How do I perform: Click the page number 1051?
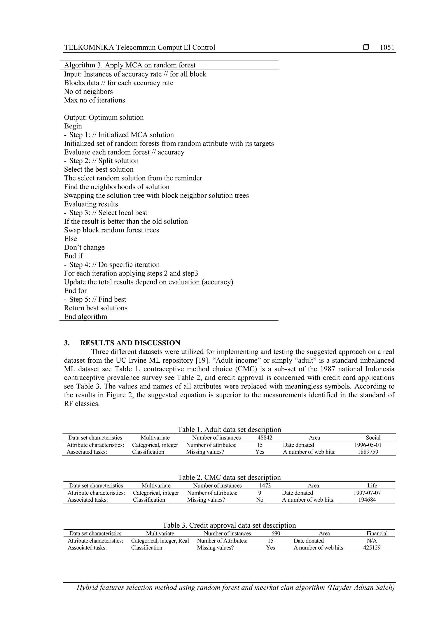click(387, 47)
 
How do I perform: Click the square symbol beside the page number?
click(366, 47)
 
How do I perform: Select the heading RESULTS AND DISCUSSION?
click(130, 343)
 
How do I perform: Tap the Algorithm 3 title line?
click(130, 65)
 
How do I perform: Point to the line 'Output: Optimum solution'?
click(104, 117)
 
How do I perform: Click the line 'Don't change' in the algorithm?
click(84, 248)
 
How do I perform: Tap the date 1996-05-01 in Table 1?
click(368, 445)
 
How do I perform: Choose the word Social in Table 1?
click(373, 438)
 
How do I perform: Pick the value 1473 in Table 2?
click(265, 486)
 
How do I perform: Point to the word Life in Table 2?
click(372, 486)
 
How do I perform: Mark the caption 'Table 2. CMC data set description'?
click(229, 478)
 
